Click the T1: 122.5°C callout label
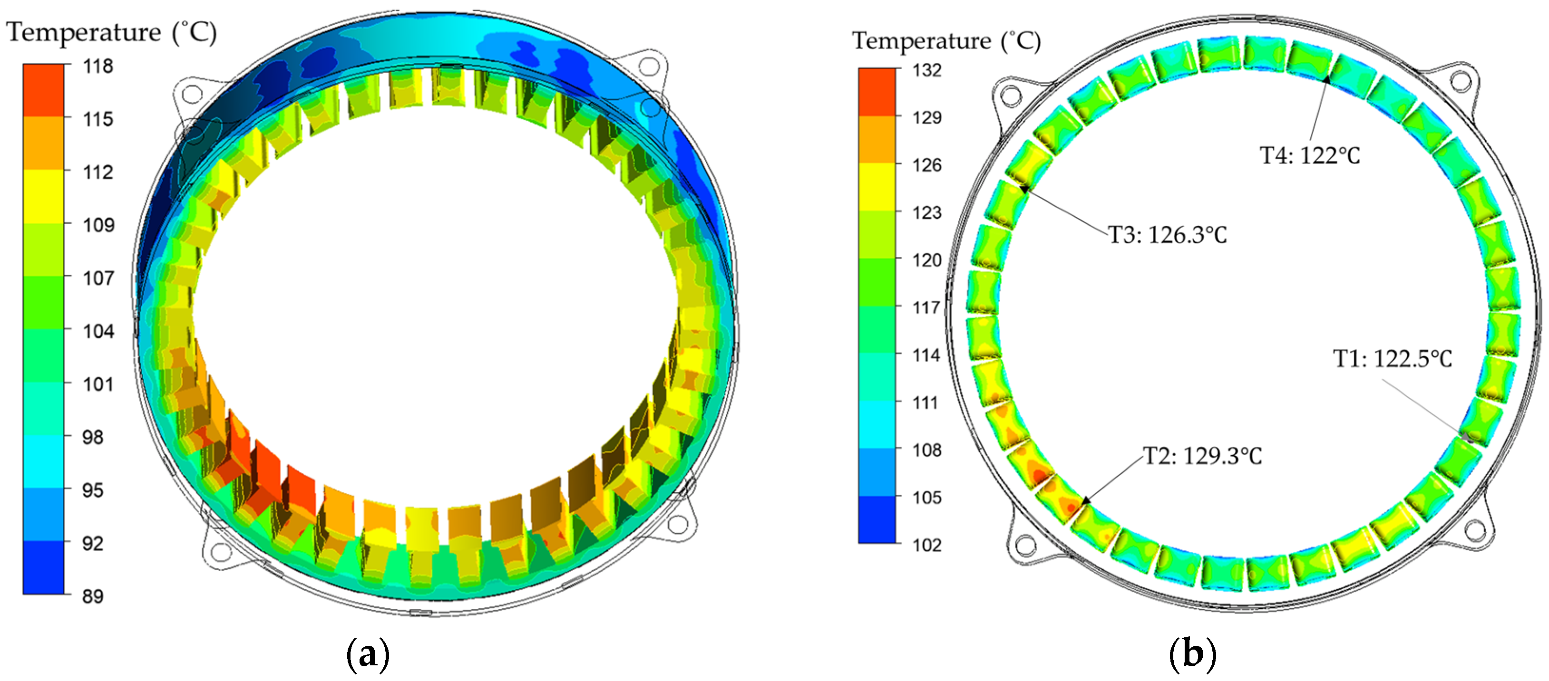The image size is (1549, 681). click(1393, 359)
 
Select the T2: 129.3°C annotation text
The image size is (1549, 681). click(1202, 456)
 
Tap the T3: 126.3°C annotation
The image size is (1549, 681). click(1167, 235)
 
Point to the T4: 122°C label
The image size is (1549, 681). click(1310, 156)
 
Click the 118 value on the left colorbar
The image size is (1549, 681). click(98, 66)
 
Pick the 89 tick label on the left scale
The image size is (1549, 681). click(93, 596)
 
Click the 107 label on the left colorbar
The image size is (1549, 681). click(98, 278)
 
